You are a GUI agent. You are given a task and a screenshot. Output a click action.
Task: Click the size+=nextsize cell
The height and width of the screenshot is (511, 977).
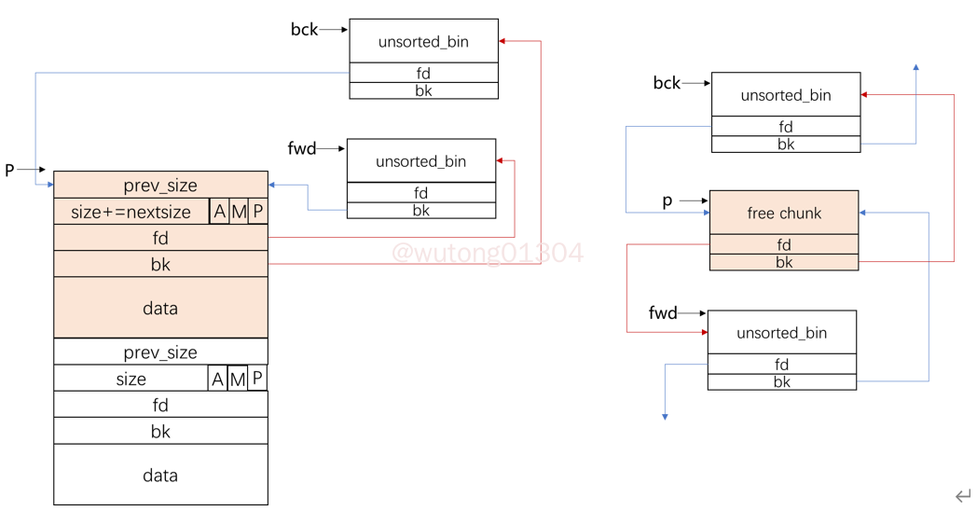pyautogui.click(x=131, y=212)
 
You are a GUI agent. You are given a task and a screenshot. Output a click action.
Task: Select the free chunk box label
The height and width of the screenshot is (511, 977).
pyautogui.click(x=784, y=214)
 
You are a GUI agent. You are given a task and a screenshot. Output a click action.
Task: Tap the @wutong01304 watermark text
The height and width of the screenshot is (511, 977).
pyautogui.click(x=488, y=253)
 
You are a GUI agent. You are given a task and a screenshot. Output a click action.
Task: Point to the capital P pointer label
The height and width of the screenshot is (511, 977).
pyautogui.click(x=10, y=171)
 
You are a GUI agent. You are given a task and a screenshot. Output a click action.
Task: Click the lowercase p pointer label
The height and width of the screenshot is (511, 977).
pyautogui.click(x=667, y=201)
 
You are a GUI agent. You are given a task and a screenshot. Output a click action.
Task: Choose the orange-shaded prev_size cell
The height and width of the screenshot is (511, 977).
pyautogui.click(x=160, y=185)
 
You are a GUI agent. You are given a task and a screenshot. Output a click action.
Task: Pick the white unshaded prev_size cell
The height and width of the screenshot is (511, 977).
pyautogui.click(x=160, y=352)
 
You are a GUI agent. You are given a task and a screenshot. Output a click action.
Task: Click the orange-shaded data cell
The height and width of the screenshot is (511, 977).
pyautogui.click(x=160, y=309)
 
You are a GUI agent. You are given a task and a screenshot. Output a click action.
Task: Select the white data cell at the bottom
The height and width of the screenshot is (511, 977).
pyautogui.click(x=160, y=476)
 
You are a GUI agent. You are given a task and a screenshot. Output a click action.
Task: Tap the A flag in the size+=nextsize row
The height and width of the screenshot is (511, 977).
pyautogui.click(x=219, y=212)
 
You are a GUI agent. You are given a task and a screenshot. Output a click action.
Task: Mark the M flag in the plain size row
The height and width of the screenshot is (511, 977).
pyautogui.click(x=238, y=379)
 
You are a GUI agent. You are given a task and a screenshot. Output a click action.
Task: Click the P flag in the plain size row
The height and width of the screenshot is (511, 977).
pyautogui.click(x=257, y=379)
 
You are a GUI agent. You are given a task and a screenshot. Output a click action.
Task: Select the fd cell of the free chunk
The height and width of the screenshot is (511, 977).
pyautogui.click(x=784, y=245)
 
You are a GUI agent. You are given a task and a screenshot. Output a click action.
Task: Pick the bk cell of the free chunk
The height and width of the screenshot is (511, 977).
pyautogui.click(x=784, y=262)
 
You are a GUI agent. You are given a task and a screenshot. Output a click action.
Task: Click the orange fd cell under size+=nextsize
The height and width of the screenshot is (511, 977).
pyautogui.click(x=160, y=239)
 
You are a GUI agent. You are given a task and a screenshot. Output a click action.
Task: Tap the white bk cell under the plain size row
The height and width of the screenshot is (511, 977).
pyautogui.click(x=160, y=432)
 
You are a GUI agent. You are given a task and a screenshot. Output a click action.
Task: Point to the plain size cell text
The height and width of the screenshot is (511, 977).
pyautogui.click(x=131, y=379)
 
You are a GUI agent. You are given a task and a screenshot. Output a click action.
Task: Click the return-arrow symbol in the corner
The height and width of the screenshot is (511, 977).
pyautogui.click(x=963, y=496)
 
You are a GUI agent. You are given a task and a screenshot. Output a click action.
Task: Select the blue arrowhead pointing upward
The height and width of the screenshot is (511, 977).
pyautogui.click(x=916, y=68)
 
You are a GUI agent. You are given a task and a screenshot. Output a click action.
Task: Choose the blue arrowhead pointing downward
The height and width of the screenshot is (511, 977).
pyautogui.click(x=665, y=416)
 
